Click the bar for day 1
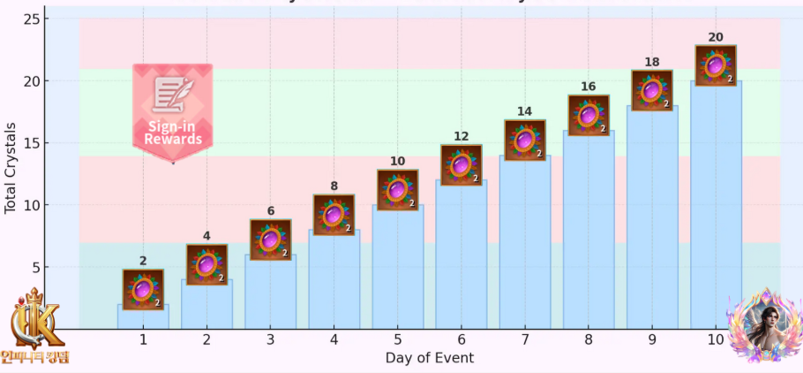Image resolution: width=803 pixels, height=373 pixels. pos(143,318)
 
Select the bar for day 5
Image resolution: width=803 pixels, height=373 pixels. pos(397,270)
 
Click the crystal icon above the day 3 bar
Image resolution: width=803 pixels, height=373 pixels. pos(270,240)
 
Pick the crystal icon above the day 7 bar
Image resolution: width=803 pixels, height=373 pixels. pos(525,140)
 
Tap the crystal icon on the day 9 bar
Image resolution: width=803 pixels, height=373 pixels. pos(652,90)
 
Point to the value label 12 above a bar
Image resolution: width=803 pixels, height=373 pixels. pos(461,136)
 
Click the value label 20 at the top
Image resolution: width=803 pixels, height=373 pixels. pos(716,37)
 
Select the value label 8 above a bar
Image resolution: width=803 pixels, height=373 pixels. pos(334,186)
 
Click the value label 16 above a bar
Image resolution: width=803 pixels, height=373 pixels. pos(589,87)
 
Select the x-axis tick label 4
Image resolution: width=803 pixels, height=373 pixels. pos(334,340)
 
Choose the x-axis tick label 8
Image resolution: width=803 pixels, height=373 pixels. pos(589,340)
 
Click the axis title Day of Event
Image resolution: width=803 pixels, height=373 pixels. pos(430,358)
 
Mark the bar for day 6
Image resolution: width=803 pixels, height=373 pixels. pos(461,256)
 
